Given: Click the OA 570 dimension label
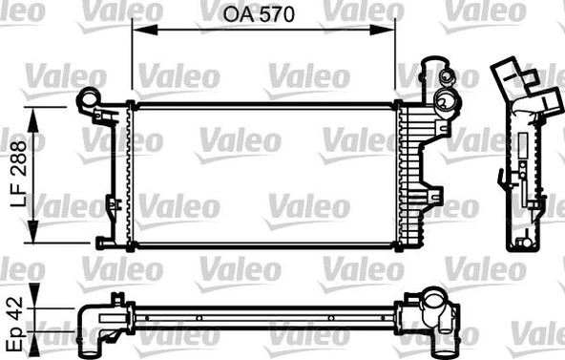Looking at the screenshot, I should [x=262, y=16].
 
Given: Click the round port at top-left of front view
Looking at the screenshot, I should [x=89, y=97].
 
